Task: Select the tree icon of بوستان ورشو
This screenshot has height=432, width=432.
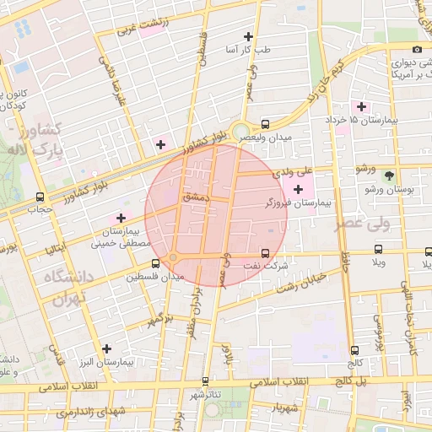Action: pos(389,175)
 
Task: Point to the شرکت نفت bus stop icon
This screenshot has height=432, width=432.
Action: pos(266,252)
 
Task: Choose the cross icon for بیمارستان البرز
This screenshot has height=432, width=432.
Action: pos(106,348)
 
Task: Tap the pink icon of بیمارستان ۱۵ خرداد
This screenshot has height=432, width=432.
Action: pos(362,106)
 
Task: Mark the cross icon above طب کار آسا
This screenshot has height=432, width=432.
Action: pos(247,36)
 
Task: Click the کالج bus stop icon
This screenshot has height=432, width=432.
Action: pos(354,350)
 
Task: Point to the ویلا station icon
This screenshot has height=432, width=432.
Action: pos(378,250)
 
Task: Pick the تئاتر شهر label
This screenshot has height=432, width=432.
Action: pos(206,394)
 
